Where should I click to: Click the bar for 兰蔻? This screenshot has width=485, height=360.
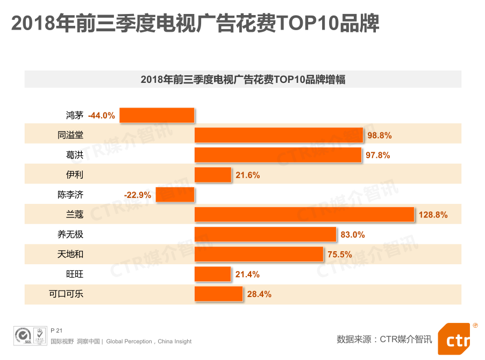coord(304,215)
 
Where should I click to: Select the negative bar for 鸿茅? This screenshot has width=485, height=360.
coord(157,115)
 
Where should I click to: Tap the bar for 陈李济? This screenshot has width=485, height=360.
coord(175,195)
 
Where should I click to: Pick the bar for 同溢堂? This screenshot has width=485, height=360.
coord(279,135)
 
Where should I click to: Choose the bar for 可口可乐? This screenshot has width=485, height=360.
coord(218,294)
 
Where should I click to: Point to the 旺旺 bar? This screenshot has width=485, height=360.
coord(213,274)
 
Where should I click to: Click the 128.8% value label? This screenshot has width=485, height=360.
coord(433,215)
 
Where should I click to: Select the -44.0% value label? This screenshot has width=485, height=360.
coord(102,115)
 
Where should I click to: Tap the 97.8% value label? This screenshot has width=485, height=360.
coord(377,155)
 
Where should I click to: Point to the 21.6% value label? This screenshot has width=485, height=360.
coord(247,175)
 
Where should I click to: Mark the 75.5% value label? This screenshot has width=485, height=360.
coord(339,255)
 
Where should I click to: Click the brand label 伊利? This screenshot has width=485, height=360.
coord(75,175)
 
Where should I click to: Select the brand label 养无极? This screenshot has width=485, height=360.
coord(70,235)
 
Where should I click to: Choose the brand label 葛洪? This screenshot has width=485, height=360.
coord(75,155)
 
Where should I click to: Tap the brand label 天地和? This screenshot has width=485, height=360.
coord(70,255)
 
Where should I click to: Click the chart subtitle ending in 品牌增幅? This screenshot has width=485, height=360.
coord(242,80)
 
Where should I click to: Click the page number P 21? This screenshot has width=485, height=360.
coord(56,330)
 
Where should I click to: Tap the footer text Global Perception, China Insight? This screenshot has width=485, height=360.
coord(149,342)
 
